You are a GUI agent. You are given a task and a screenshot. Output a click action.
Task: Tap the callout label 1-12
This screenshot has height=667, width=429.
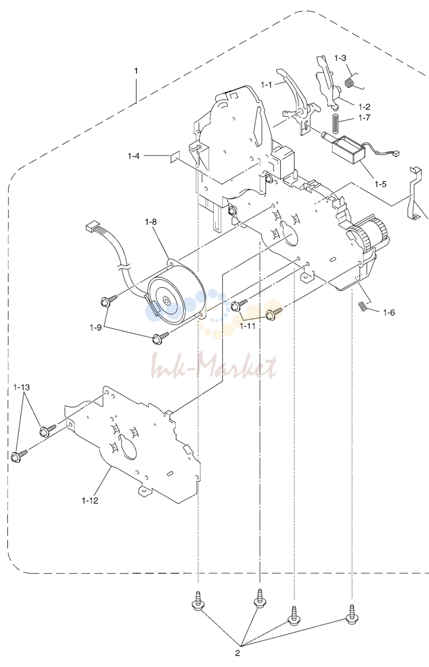coord(90,500)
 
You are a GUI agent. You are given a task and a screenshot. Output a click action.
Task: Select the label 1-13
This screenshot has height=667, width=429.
coord(22,387)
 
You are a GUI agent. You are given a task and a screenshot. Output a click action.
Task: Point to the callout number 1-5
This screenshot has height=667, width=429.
coord(380,184)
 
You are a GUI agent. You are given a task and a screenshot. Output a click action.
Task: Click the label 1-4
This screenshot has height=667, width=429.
coord(133,156)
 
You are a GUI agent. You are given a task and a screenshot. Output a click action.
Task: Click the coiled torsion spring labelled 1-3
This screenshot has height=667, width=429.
coord(350,82)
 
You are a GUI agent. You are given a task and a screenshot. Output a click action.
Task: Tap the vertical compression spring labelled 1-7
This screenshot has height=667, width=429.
coord(335,124)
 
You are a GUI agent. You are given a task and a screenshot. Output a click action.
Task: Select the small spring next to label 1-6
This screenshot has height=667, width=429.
coord(362,306)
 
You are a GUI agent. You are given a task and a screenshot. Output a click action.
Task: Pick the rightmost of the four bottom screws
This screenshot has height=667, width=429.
coord(352,616)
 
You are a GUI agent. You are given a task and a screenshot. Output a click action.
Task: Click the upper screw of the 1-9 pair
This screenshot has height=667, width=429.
coord(109,300)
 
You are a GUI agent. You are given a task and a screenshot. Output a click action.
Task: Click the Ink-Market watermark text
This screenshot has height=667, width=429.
coord(214,365)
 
